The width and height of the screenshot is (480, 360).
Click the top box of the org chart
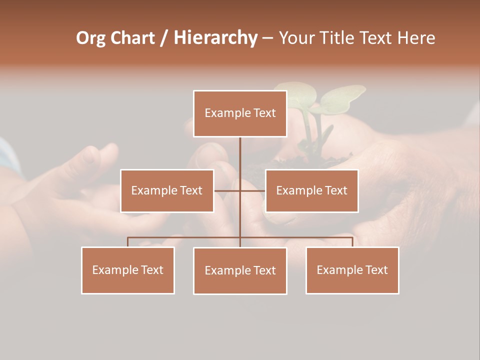coord(240,113)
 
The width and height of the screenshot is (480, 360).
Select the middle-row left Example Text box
coord(167,190)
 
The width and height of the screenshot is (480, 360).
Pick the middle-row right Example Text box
coord(311,190)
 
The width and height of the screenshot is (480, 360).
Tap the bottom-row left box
coord(128,270)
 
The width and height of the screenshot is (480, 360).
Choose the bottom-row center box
coord(240,270)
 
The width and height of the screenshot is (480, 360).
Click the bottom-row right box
coord(352,270)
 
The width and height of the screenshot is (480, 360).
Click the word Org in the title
coord(90,38)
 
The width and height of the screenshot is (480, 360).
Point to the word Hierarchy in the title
coord(215,38)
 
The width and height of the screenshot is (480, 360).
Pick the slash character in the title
coord(163,38)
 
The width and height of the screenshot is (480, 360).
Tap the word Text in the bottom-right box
coord(375,270)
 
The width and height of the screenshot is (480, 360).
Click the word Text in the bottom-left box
coord(151,270)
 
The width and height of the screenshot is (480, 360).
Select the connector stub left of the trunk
coord(226,191)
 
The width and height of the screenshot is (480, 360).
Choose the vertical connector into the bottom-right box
coord(352,242)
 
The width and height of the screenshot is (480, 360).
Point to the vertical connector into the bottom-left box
coord(128,242)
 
